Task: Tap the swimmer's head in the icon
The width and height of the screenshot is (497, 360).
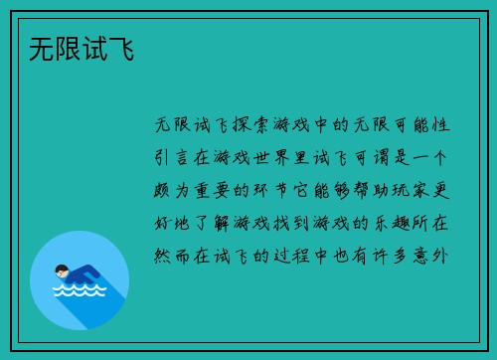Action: [62, 270]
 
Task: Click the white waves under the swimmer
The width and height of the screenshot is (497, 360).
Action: [79, 291]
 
